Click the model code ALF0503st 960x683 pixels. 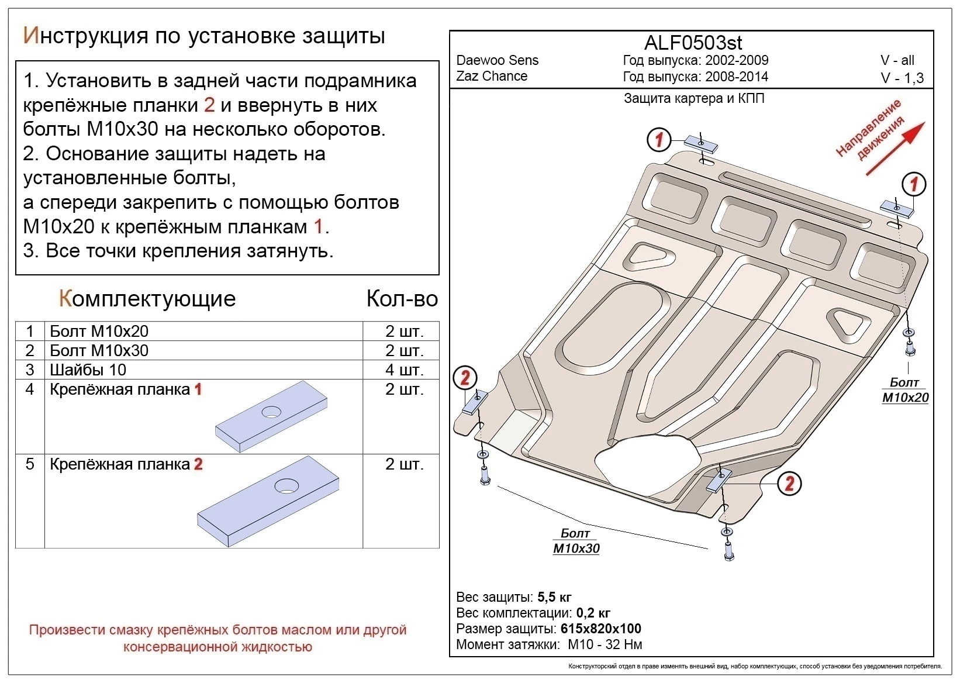(x=693, y=43)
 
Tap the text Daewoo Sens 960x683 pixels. (x=497, y=60)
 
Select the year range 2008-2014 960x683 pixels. (x=737, y=77)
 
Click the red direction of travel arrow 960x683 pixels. (x=895, y=149)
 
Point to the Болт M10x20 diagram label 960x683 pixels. (x=904, y=390)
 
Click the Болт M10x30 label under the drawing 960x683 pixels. (x=576, y=541)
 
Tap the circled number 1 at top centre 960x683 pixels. (x=659, y=139)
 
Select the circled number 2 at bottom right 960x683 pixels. (x=789, y=483)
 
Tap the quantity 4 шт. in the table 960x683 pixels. (x=404, y=370)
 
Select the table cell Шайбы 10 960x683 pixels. (x=88, y=370)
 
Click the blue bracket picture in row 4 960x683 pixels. (x=271, y=416)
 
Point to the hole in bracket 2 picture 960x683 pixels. (x=286, y=485)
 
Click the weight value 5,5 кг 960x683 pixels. (x=554, y=597)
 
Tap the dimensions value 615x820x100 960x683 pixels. (x=600, y=629)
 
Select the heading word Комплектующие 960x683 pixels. (x=147, y=299)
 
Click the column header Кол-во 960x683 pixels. (x=402, y=299)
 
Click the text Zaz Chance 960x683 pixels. (x=492, y=76)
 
